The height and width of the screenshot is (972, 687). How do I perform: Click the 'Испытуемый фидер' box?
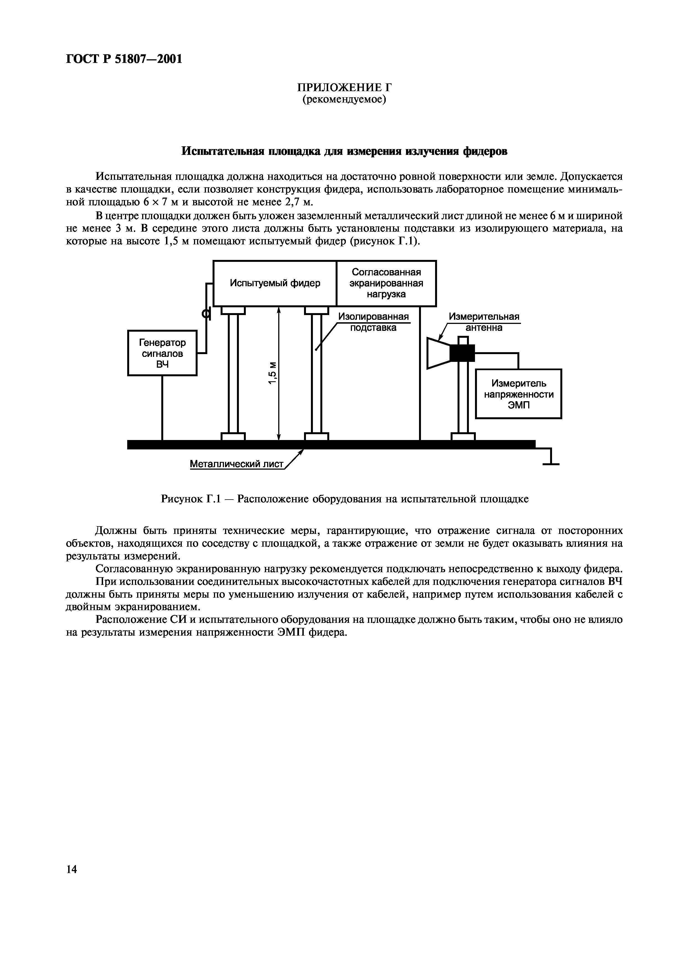coord(275,283)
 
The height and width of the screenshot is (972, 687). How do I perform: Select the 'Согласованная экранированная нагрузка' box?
coord(386,283)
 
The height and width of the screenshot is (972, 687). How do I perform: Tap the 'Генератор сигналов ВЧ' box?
coord(162,353)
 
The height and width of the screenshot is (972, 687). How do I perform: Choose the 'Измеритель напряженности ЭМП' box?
coord(519,394)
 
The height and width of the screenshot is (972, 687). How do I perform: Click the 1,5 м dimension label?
coord(273,373)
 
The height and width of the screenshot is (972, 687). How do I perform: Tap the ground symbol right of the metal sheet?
coord(551,459)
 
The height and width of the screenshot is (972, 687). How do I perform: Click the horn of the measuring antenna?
coord(438,353)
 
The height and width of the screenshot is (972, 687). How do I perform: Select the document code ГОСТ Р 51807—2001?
coord(124,59)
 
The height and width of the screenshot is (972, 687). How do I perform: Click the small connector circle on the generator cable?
coord(206,314)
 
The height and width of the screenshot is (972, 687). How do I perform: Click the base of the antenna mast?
coord(463,436)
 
